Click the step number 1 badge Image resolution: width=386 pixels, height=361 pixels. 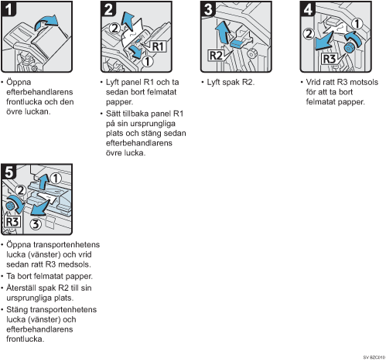(9, 9)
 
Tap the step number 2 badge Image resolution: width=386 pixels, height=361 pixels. (108, 9)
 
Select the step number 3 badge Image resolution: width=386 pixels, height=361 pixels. (208, 9)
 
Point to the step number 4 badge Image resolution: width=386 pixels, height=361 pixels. (307, 9)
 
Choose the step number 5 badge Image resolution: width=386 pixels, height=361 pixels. (9, 172)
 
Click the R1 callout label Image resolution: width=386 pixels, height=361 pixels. (158, 46)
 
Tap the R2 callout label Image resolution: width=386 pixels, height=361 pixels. (216, 56)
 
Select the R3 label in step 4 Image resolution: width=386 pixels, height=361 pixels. (330, 59)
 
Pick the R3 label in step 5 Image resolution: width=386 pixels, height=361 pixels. (12, 222)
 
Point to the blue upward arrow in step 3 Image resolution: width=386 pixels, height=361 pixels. (223, 32)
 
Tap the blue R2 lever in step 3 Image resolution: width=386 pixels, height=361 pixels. (237, 43)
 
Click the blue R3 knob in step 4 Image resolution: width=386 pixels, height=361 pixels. (350, 48)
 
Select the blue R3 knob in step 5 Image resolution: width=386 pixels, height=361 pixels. (11, 206)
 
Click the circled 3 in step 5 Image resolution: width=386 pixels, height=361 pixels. (36, 224)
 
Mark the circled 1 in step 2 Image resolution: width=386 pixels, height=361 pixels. (148, 61)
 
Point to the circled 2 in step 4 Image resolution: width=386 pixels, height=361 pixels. (309, 33)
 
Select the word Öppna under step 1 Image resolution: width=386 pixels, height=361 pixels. (19, 83)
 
